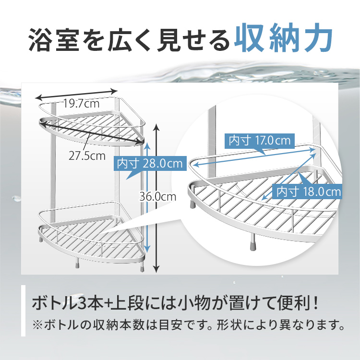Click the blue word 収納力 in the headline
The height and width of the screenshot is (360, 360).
pyautogui.click(x=283, y=38)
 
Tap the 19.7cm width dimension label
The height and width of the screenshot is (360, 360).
pyautogui.click(x=81, y=104)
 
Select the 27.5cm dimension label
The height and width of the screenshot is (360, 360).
pyautogui.click(x=87, y=156)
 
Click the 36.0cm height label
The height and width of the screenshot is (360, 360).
pyautogui.click(x=158, y=197)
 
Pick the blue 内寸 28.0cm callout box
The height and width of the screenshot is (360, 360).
pyautogui.click(x=150, y=164)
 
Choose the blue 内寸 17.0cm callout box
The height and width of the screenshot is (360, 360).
pyautogui.click(x=259, y=141)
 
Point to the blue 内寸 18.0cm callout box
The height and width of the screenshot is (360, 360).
pyautogui.click(x=308, y=192)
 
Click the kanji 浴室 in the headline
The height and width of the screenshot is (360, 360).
pyautogui.click(x=54, y=40)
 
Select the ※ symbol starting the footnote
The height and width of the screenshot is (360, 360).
pyautogui.click(x=37, y=325)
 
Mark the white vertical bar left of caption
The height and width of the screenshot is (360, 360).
pyautogui.click(x=23, y=311)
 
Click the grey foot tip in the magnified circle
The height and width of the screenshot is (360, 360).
pyautogui.click(x=252, y=248)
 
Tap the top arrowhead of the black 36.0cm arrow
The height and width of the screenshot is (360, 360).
pyautogui.click(x=156, y=126)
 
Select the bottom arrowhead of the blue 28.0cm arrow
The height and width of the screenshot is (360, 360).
pyautogui.click(x=147, y=249)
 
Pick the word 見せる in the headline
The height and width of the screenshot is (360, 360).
pyautogui.click(x=193, y=40)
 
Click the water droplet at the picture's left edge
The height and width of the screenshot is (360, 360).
pyautogui.click(x=16, y=198)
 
